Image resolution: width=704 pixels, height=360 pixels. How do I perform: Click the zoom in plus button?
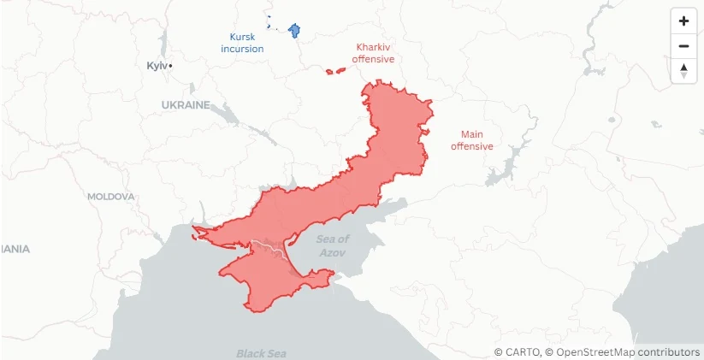click(x=683, y=21)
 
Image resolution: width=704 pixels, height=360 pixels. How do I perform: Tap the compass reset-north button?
click(x=683, y=71)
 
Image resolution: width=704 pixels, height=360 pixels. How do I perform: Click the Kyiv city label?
click(x=157, y=66)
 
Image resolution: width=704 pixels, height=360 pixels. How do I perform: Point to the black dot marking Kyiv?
click(x=171, y=66)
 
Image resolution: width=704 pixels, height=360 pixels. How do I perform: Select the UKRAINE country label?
click(x=186, y=105)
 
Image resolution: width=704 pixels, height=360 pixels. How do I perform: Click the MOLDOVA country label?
click(x=110, y=197)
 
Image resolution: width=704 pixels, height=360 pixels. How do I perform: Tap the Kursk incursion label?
click(x=242, y=43)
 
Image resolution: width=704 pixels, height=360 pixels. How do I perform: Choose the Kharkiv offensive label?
click(x=373, y=54)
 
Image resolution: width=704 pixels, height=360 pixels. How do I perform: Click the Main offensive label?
click(x=471, y=140)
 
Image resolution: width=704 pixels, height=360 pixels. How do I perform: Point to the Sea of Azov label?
click(x=333, y=246)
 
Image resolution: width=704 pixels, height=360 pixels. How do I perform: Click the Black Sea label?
click(x=261, y=353)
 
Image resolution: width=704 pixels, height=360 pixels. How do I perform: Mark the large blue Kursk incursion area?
click(x=296, y=31)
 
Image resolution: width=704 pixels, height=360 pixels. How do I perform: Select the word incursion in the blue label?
click(x=242, y=49)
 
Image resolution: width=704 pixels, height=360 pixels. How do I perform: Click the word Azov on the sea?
click(x=333, y=253)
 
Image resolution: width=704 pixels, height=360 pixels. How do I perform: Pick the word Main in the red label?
click(x=471, y=134)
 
